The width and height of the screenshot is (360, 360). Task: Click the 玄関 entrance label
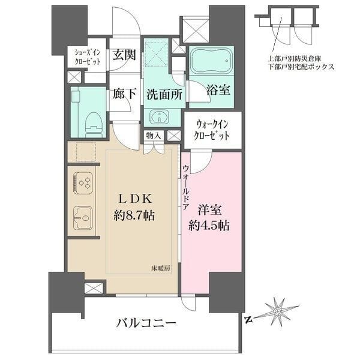124,55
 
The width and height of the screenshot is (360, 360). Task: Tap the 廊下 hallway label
124,94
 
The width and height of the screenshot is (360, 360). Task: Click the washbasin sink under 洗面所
160,116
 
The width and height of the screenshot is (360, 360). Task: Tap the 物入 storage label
153,136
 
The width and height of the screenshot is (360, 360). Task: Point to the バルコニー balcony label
146,323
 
